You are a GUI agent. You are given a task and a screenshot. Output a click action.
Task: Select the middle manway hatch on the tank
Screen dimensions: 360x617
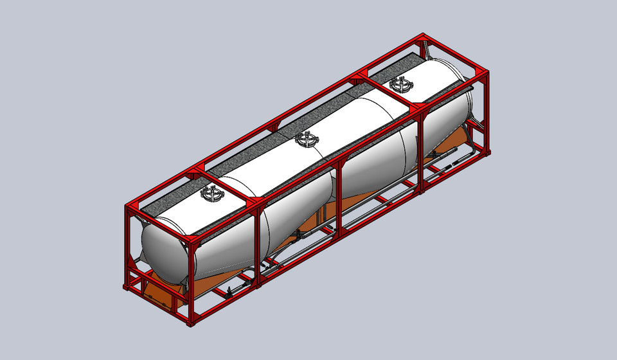[306, 139]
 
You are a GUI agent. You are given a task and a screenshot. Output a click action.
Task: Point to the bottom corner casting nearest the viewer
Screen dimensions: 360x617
[191, 321]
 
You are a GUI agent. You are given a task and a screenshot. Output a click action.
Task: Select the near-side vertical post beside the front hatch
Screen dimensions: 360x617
[257, 244]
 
